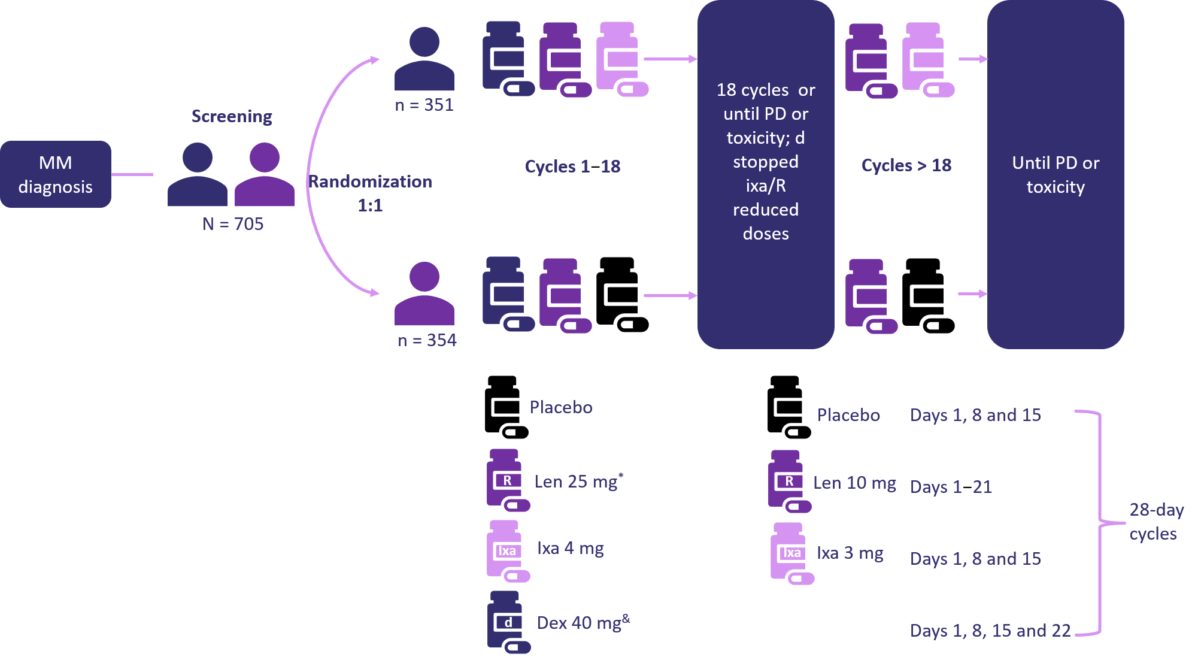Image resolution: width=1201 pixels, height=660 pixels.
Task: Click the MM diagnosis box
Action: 56,174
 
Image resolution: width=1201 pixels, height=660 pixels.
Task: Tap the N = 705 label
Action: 233,224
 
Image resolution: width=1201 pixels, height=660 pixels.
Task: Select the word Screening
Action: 232,116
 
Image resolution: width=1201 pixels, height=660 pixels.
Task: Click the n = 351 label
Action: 424,105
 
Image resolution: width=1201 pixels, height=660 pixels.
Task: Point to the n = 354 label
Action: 427,340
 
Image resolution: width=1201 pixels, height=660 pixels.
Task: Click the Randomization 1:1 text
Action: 370,193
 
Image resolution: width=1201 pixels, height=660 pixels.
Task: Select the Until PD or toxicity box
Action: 1055,174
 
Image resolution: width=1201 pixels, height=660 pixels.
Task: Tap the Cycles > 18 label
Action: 906,165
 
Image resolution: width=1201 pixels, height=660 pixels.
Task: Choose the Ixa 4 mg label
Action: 570,548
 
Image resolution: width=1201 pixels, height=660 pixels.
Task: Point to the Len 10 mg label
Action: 854,483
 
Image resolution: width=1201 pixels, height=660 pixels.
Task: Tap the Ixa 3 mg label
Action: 850,553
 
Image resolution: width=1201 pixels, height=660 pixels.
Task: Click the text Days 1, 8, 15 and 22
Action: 990,630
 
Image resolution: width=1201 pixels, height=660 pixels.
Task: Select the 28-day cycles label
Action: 1155,522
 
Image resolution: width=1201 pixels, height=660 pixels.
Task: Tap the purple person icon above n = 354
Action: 424,293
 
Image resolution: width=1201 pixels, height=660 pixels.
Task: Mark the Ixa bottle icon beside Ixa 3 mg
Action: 791,553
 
